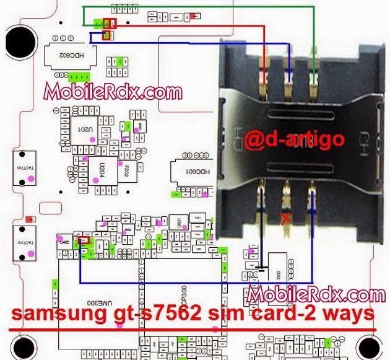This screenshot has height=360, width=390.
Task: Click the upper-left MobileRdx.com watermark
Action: point(113,92)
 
